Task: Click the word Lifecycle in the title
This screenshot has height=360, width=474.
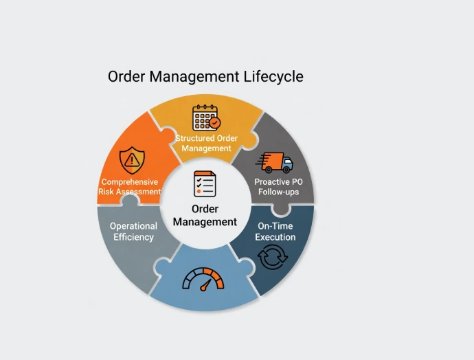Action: [273, 76]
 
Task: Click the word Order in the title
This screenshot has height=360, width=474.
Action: [127, 76]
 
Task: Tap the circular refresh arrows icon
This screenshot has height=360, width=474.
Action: [272, 258]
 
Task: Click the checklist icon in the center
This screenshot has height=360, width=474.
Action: [205, 184]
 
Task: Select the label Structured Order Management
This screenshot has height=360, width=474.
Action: [206, 143]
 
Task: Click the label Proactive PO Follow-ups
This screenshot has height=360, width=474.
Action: [278, 187]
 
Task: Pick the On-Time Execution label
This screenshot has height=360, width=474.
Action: [275, 232]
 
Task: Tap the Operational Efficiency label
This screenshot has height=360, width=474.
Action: [133, 231]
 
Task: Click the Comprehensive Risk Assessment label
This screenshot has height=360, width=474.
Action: [130, 187]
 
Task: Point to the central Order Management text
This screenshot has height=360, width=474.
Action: [205, 215]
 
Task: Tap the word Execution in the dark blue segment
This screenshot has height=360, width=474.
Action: [275, 237]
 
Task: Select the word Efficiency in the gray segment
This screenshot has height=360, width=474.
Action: [133, 237]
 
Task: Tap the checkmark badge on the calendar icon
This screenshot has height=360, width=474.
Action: [215, 123]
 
